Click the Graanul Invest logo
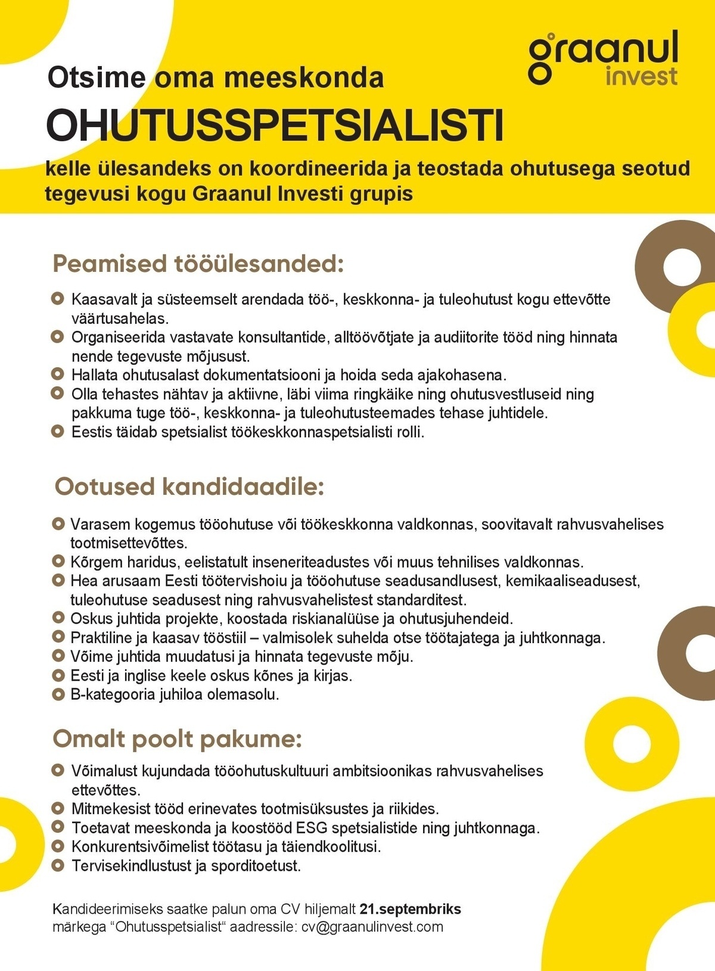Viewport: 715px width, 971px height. [x=603, y=58]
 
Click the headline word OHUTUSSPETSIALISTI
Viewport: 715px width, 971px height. [x=275, y=126]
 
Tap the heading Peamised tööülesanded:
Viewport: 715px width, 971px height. [x=198, y=263]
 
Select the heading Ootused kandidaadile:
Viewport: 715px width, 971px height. [x=189, y=486]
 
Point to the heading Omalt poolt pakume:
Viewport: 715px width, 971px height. [x=178, y=739]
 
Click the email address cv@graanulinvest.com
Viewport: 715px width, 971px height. [x=372, y=927]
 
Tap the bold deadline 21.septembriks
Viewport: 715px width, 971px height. [x=410, y=909]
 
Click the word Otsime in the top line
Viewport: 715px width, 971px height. [x=96, y=77]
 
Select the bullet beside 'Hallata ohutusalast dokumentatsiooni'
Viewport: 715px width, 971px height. [x=57, y=374]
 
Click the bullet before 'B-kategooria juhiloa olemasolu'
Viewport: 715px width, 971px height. [x=58, y=694]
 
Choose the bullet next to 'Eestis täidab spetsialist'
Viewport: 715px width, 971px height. [x=57, y=431]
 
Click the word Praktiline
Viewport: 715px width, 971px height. [x=101, y=638]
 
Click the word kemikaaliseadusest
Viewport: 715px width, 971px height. [x=572, y=581]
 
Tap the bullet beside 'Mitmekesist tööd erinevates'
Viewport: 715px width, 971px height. [x=57, y=809]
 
